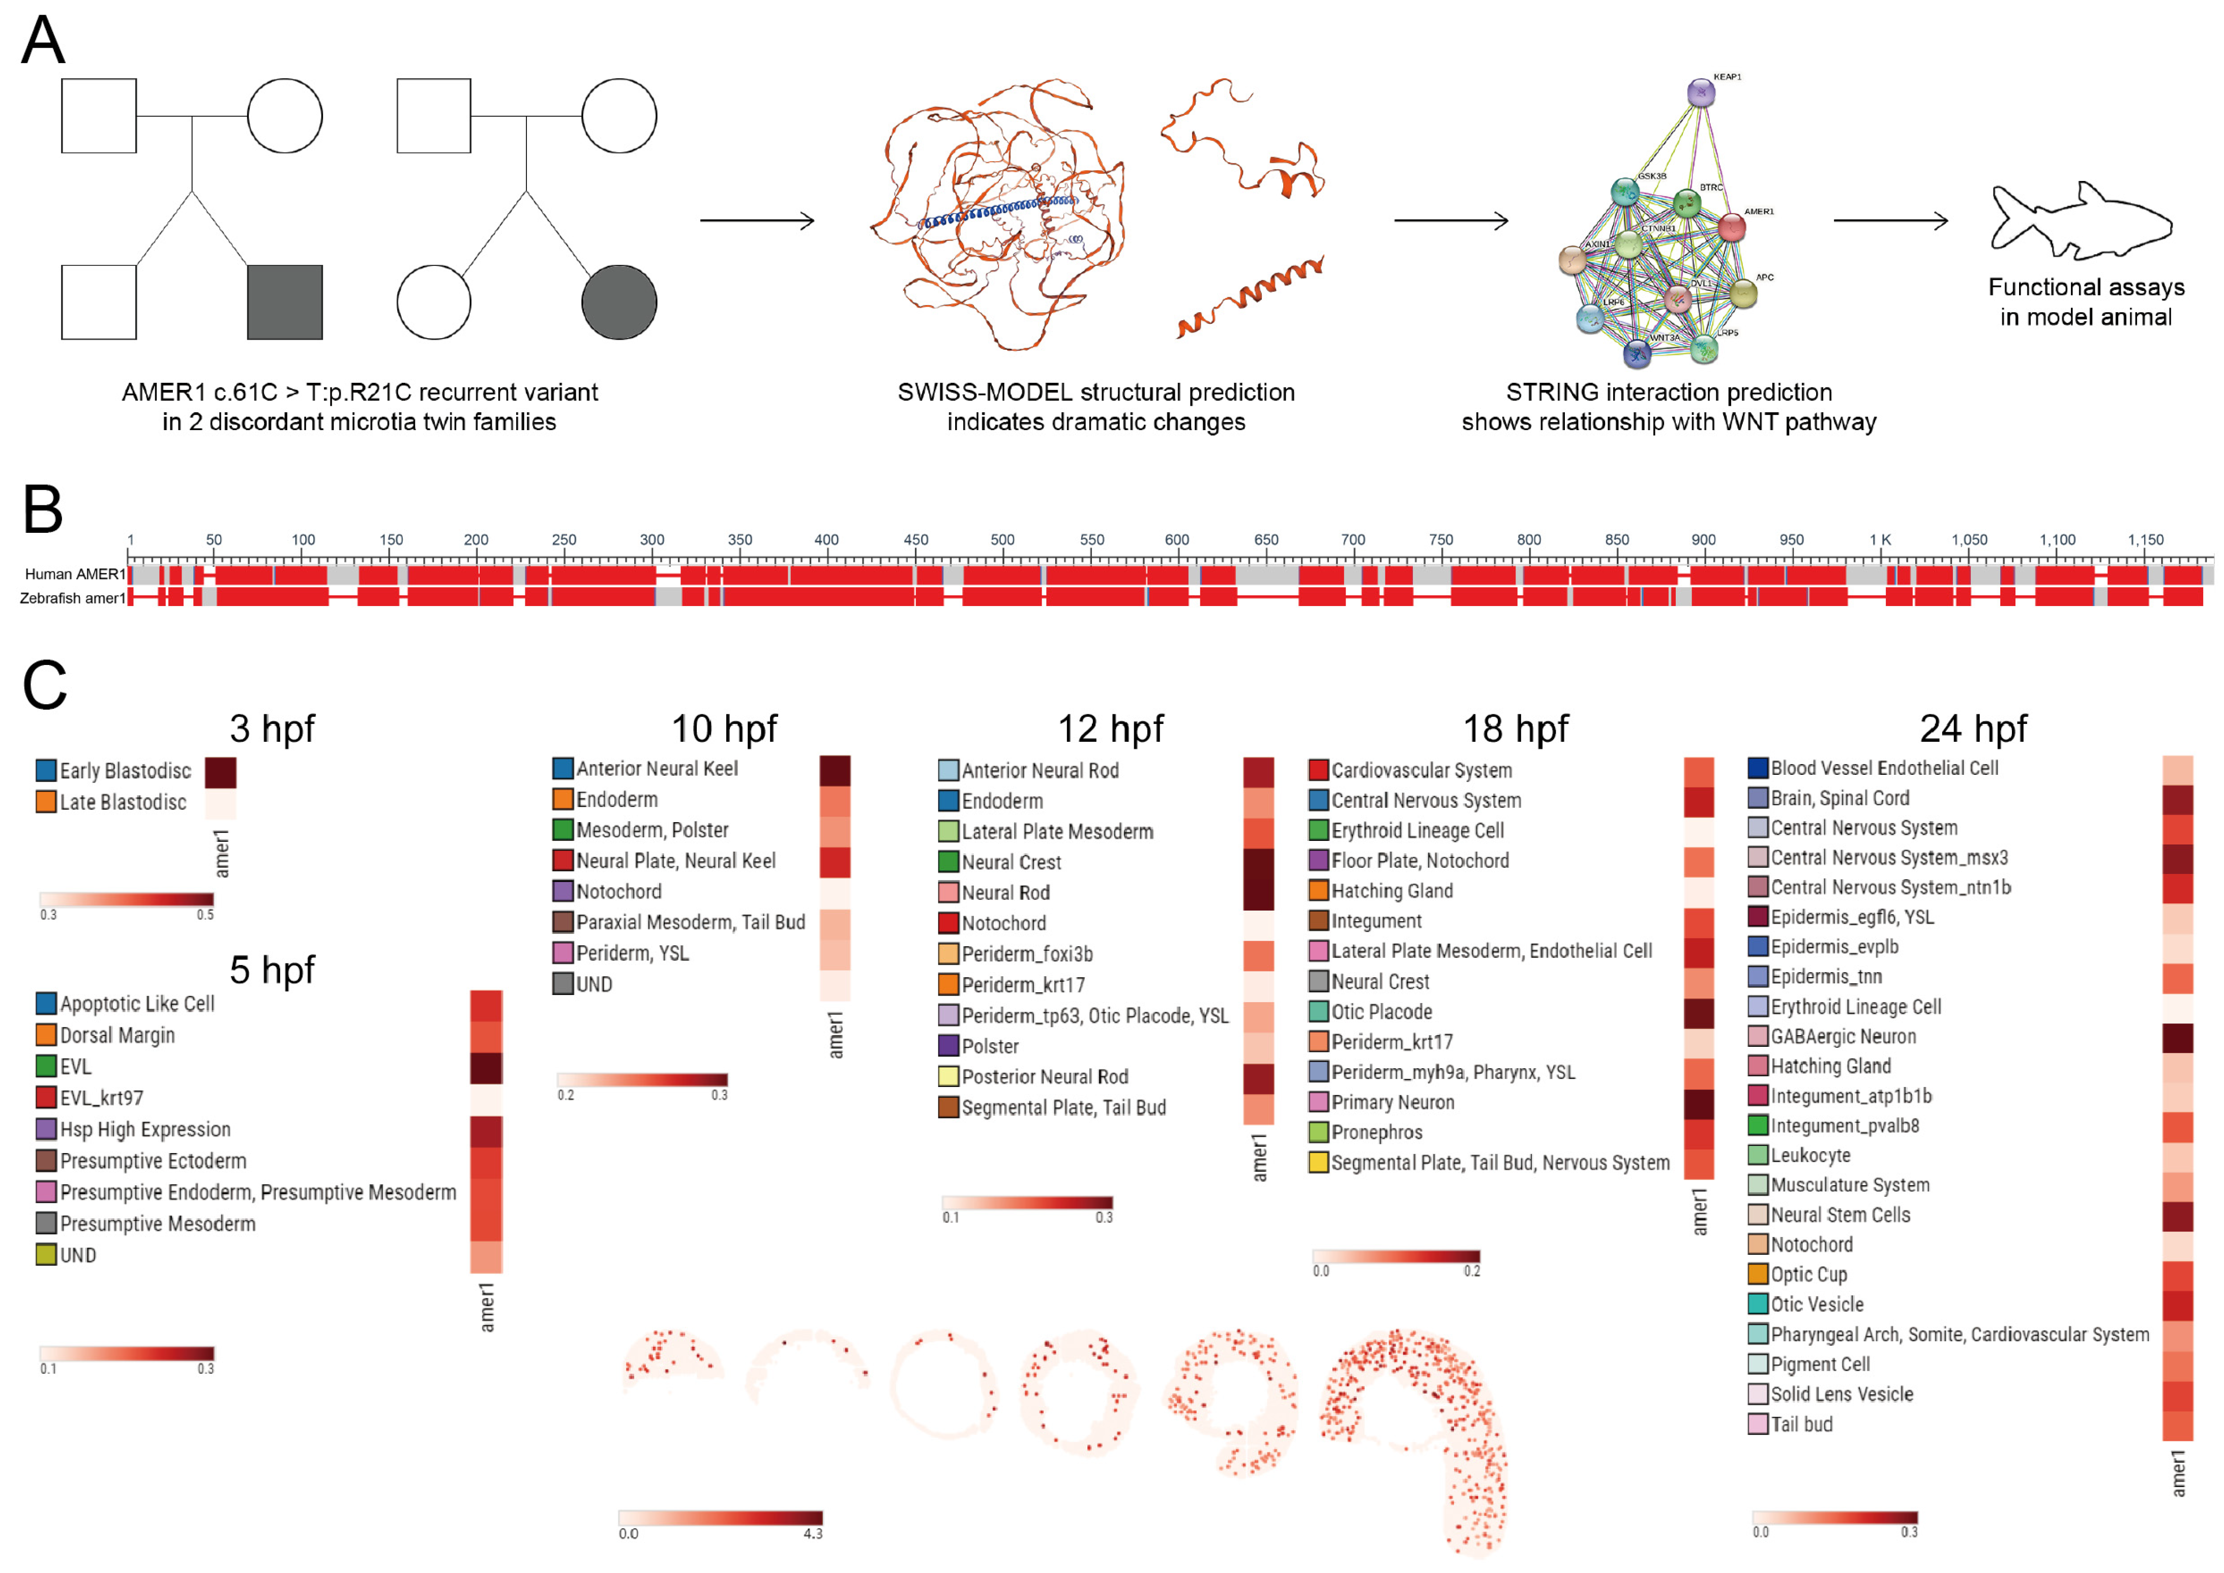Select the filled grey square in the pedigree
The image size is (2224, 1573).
click(x=285, y=302)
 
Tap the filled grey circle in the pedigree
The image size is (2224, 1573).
click(x=619, y=302)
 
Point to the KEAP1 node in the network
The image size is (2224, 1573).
click(x=1701, y=93)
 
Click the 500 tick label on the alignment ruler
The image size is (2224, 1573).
click(x=1002, y=539)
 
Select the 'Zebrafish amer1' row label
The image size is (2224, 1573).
click(x=73, y=598)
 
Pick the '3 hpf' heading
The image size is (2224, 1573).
click(x=272, y=729)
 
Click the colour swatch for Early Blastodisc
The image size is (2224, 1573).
click(x=46, y=770)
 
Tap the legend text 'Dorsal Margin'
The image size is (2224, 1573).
click(x=117, y=1036)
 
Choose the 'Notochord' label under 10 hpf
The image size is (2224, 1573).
click(x=619, y=891)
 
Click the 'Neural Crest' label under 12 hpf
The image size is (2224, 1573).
click(x=1011, y=862)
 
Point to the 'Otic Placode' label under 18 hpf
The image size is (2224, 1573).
click(x=1381, y=1012)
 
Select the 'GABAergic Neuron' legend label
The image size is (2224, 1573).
click(x=1843, y=1037)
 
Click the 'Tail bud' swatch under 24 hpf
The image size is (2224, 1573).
click(x=1758, y=1424)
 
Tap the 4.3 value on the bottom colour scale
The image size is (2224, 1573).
click(x=813, y=1533)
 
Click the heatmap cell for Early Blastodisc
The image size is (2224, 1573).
click(x=221, y=772)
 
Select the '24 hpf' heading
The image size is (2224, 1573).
click(x=1973, y=729)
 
